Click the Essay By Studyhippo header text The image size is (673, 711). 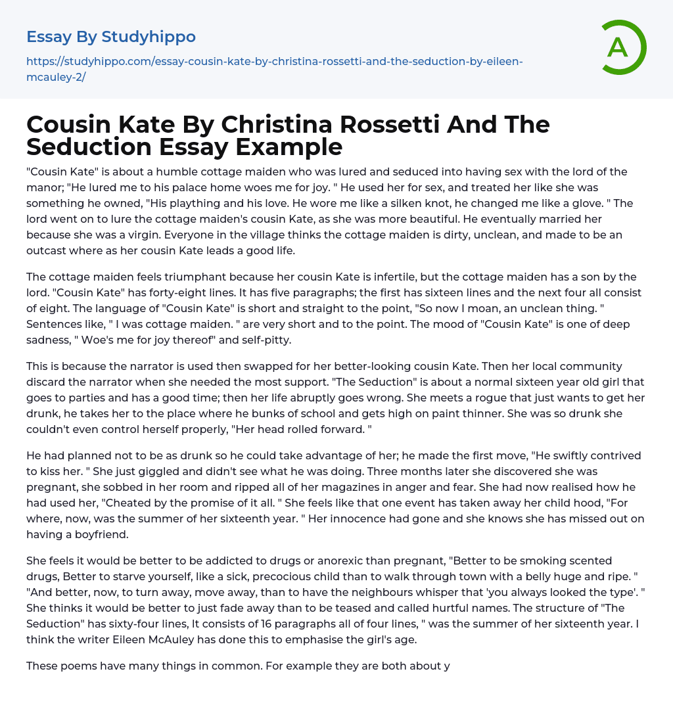[x=111, y=37]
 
